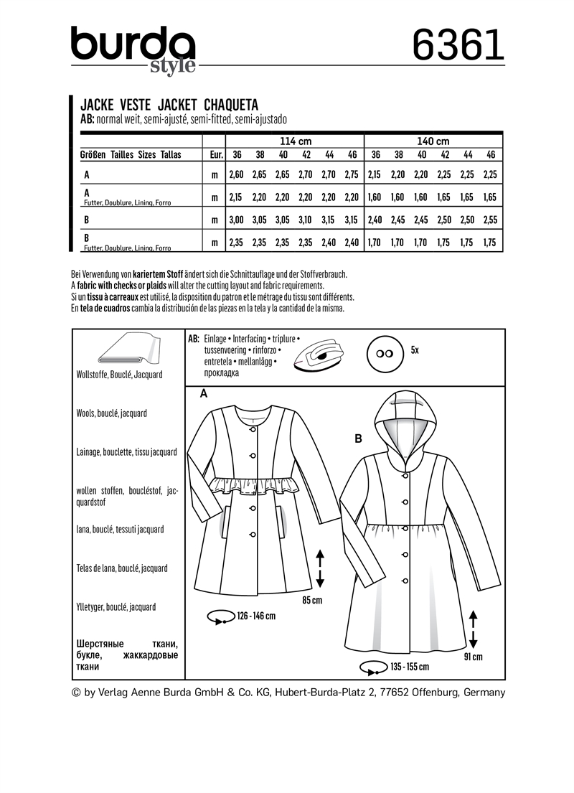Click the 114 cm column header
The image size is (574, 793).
[x=294, y=141]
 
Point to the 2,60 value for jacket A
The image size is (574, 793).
[x=236, y=174]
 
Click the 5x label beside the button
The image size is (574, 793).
[x=415, y=349]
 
